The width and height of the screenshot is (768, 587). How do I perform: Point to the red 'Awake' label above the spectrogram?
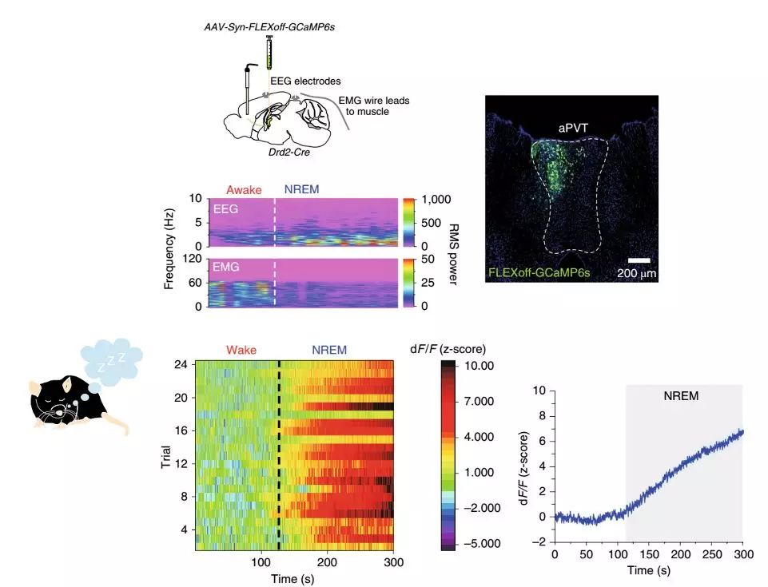tap(244, 190)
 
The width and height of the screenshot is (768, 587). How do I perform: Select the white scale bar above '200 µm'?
tap(639, 260)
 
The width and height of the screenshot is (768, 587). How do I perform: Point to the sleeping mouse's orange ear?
tap(36, 387)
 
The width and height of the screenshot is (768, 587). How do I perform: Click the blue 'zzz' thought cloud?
tap(112, 360)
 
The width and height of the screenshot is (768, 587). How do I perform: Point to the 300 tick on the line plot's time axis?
tap(742, 553)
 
